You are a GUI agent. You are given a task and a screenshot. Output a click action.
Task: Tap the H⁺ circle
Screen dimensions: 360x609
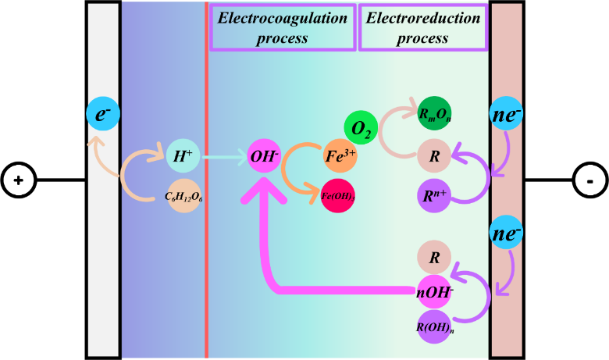click(183, 156)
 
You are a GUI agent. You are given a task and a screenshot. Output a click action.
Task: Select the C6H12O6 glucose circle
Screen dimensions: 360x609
click(183, 195)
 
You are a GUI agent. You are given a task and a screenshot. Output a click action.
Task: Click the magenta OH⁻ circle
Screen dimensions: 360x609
click(264, 156)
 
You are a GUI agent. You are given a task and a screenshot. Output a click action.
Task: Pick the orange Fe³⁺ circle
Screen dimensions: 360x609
click(340, 155)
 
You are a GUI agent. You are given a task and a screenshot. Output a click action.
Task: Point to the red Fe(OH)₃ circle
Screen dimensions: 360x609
click(338, 195)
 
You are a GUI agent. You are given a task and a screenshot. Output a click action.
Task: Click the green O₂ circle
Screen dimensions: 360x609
click(361, 127)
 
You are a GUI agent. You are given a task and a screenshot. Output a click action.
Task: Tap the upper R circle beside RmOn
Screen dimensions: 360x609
click(435, 156)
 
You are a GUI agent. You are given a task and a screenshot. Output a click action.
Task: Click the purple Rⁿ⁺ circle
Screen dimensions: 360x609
click(435, 195)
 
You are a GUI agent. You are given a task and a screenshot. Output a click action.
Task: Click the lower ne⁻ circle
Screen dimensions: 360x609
click(507, 233)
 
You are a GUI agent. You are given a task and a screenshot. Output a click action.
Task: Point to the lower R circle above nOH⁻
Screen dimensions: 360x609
click(435, 258)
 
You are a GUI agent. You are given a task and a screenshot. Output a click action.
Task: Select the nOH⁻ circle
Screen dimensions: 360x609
click(435, 291)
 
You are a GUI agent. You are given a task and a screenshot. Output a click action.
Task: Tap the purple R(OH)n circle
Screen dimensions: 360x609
click(435, 326)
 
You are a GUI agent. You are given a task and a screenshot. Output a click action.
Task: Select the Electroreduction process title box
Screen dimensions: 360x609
click(423, 27)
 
